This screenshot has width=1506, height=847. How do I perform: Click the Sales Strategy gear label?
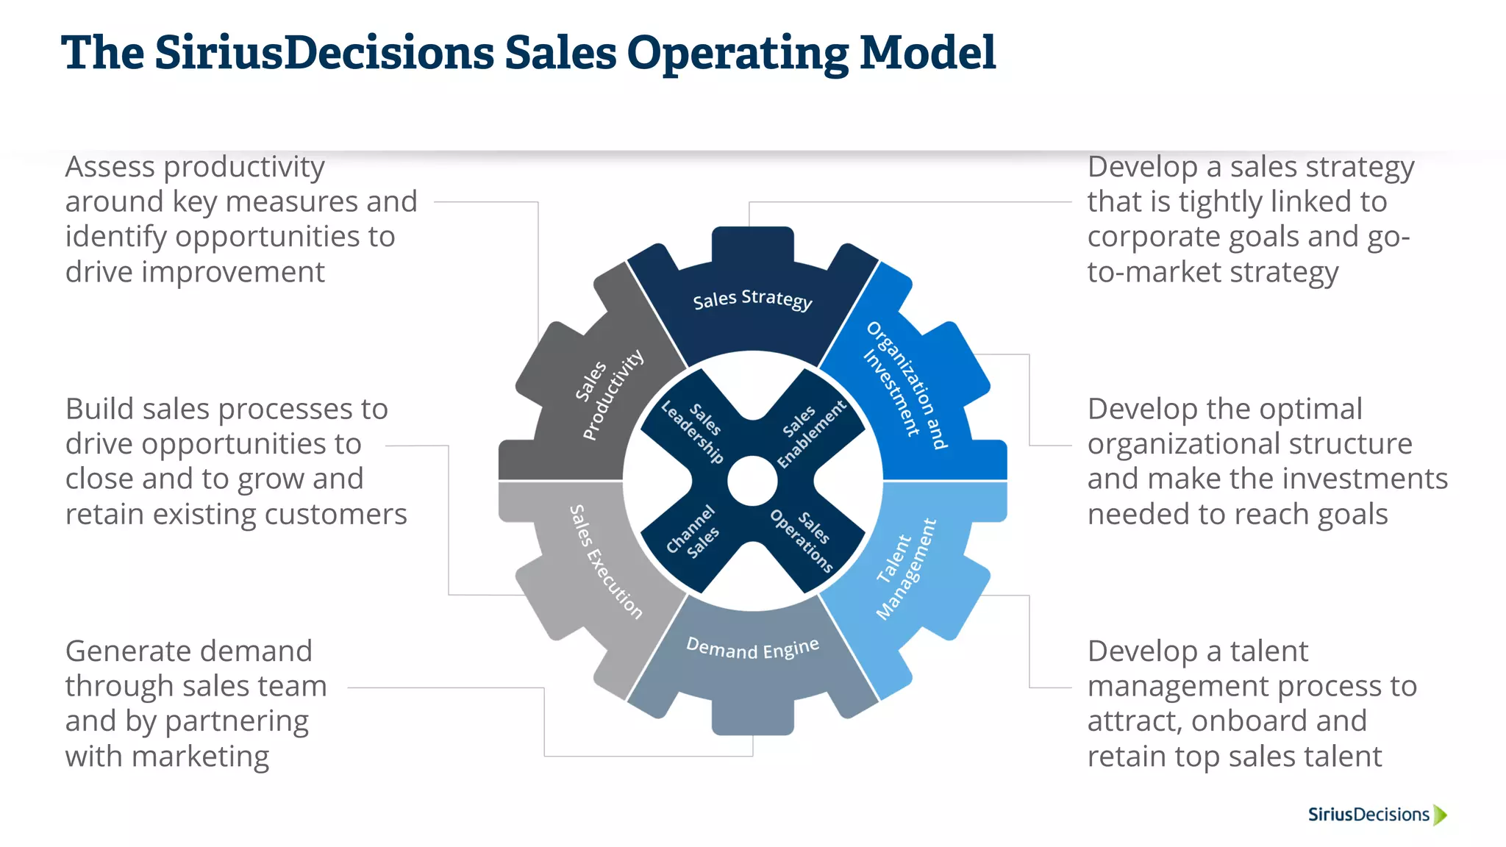[752, 299]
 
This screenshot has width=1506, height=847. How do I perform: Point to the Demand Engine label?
[752, 648]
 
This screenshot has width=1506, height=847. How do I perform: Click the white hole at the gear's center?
[752, 482]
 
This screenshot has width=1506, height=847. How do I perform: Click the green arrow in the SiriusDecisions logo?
[1440, 815]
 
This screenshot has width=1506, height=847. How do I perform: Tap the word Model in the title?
[927, 53]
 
